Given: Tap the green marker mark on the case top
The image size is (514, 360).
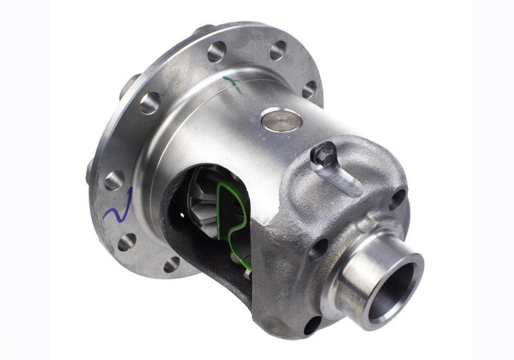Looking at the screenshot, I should [234, 84].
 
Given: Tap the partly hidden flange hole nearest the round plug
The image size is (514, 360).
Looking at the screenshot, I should [309, 89].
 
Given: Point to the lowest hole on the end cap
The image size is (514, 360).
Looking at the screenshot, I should [312, 324].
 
